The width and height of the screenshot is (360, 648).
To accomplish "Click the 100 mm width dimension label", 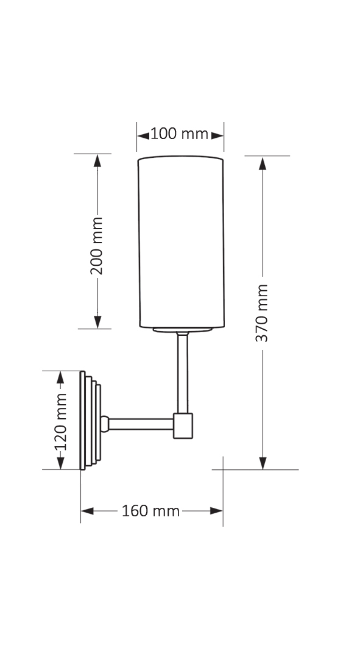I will [x=180, y=134].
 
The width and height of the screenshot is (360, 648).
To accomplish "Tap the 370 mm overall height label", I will [x=262, y=312].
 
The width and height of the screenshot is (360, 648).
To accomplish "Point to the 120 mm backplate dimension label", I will [x=60, y=421].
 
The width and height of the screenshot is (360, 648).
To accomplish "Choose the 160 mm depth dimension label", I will [x=151, y=511].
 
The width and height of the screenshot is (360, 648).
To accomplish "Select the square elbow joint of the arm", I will [x=183, y=425].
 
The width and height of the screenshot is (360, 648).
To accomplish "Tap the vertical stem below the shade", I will [x=182, y=372].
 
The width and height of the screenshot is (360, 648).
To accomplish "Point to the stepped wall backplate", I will [x=90, y=421].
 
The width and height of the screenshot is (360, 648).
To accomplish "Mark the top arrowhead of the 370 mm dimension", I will [x=263, y=163].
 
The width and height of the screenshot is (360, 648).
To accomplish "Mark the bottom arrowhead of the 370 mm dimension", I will [x=263, y=463].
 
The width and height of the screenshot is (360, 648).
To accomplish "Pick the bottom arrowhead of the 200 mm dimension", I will [x=97, y=322].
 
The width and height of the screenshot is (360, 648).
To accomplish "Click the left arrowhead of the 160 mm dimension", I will [x=87, y=511].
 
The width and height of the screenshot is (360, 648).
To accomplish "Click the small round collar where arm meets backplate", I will [x=105, y=422].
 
